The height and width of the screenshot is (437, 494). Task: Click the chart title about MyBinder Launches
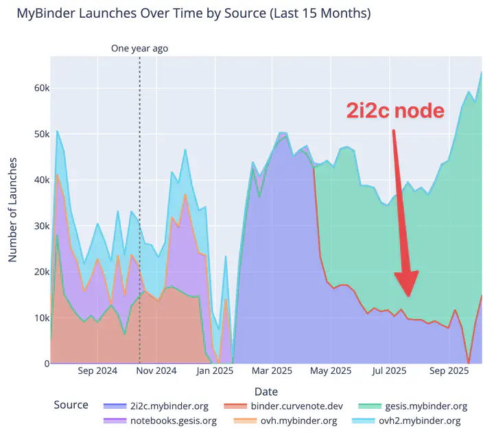(193, 14)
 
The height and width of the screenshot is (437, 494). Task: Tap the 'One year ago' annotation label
(139, 49)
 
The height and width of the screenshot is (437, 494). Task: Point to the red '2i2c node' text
(395, 111)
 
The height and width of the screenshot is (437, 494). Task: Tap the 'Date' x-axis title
(266, 391)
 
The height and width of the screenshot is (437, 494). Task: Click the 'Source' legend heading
(71, 405)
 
